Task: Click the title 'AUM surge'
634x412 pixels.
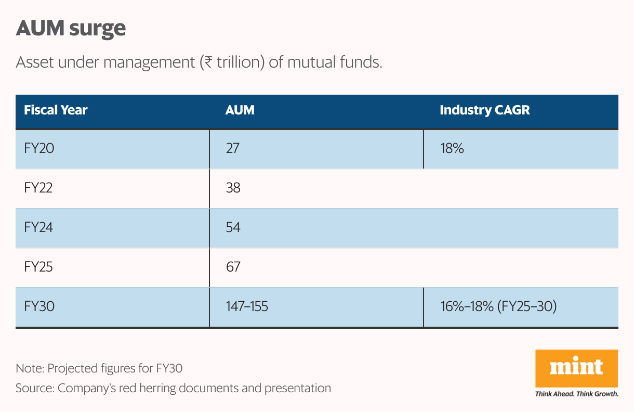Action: click(71, 29)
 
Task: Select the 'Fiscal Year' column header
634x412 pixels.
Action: click(56, 110)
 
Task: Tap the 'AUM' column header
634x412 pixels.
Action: click(240, 110)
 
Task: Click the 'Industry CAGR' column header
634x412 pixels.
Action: click(484, 110)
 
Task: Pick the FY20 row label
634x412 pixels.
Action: click(39, 148)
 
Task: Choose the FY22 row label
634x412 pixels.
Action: click(38, 188)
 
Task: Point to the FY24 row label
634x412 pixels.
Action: click(38, 227)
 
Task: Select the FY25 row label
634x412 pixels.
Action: click(38, 267)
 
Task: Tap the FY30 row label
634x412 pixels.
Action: click(39, 306)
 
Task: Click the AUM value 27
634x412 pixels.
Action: click(232, 148)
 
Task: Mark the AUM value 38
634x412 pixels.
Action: click(233, 188)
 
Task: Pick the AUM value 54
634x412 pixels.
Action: click(233, 227)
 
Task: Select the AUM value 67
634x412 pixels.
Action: click(233, 267)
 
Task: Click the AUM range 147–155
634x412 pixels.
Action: click(247, 306)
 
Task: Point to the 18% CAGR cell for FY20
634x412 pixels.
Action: click(452, 148)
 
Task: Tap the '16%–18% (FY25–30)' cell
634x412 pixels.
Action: click(498, 306)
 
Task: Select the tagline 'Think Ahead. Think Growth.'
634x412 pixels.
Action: click(576, 394)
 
